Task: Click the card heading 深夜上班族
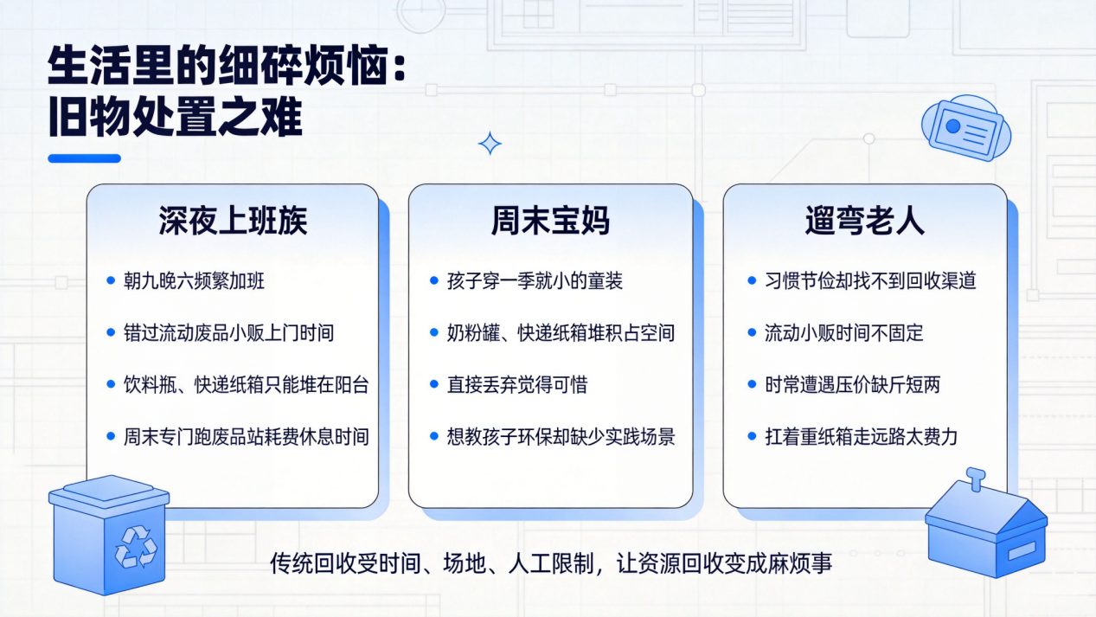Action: click(x=233, y=222)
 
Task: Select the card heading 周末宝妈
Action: click(x=550, y=222)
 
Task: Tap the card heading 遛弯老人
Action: click(x=864, y=222)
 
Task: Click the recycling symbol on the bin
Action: click(x=136, y=547)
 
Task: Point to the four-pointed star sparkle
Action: click(x=490, y=144)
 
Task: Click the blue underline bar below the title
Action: click(x=84, y=158)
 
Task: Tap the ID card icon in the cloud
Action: click(x=965, y=128)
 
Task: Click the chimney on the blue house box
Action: click(x=976, y=479)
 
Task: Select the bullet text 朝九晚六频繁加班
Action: click(x=194, y=281)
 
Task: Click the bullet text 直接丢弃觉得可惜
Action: click(x=517, y=385)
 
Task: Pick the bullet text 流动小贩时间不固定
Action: click(x=844, y=333)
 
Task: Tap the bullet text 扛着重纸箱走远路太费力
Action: click(x=862, y=437)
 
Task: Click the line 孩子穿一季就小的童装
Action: click(x=535, y=281)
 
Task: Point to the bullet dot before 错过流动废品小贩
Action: click(x=111, y=332)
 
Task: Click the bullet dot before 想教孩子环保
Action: click(x=433, y=436)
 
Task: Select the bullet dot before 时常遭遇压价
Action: click(x=752, y=384)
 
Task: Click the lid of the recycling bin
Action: click(x=109, y=495)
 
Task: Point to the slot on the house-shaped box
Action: click(x=1022, y=550)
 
